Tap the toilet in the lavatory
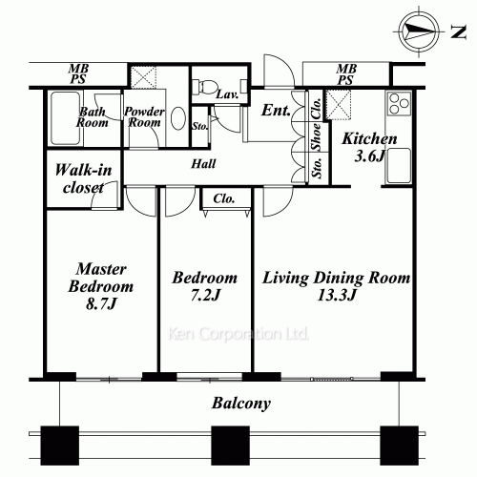tap(206, 86)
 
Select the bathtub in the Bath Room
tap(65, 118)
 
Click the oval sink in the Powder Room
tap(178, 118)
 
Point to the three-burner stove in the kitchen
tap(399, 103)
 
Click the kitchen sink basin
tap(399, 165)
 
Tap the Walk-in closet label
tap(83, 178)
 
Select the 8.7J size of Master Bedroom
tap(101, 304)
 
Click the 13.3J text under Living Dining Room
tap(336, 296)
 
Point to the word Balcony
tap(241, 404)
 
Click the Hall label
tap(203, 164)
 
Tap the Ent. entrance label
tap(276, 111)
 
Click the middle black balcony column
tap(230, 446)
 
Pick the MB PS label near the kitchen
tap(346, 74)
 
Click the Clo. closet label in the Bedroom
tap(224, 198)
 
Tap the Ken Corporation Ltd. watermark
tap(238, 334)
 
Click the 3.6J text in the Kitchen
tap(369, 156)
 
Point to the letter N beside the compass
tap(458, 31)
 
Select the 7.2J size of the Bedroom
tap(205, 296)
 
